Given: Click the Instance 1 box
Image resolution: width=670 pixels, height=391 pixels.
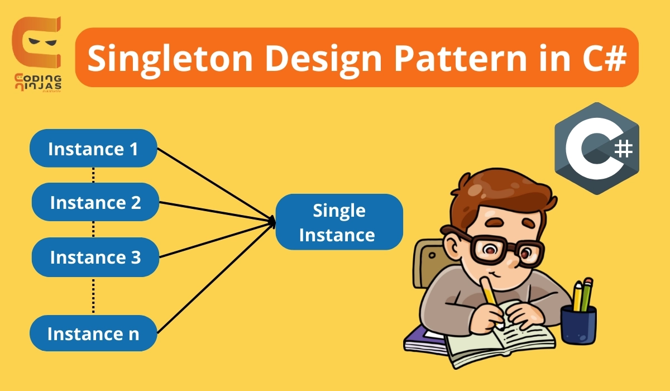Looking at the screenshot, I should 93,149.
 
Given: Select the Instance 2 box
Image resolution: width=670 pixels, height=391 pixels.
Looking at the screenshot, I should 95,202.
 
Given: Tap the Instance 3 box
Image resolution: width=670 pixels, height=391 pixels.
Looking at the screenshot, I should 95,258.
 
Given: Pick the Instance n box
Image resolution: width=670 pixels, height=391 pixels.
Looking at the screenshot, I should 93,333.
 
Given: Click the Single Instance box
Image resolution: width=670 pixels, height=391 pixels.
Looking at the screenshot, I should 339,222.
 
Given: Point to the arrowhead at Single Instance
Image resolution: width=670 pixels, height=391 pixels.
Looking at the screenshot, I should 272,222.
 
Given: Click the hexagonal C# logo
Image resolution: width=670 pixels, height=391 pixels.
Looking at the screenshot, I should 596,148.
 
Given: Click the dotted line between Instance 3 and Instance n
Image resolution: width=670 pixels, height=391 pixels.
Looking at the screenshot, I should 93,295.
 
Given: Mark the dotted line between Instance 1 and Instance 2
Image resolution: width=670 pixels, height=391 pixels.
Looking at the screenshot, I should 93,175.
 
